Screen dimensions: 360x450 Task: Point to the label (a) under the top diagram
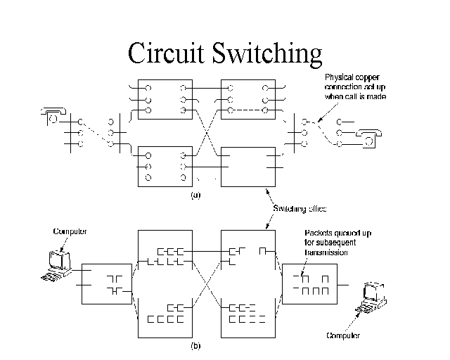(195, 195)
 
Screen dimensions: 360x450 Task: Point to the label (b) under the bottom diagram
(195, 345)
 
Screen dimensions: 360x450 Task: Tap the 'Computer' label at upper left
(69, 231)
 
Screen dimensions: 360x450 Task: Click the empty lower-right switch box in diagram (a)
(248, 167)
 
